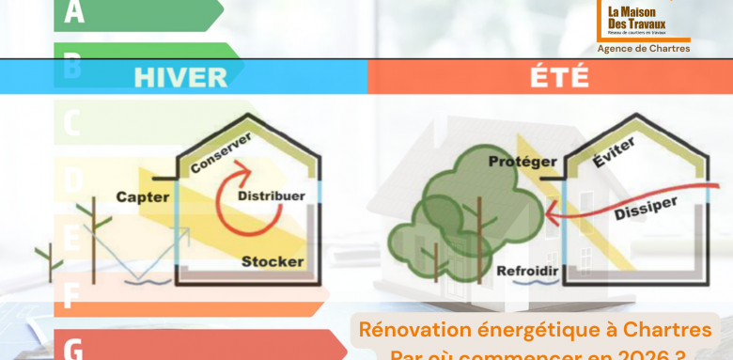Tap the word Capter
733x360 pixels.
click(143, 196)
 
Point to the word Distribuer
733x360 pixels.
click(271, 196)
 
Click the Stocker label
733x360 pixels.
click(273, 260)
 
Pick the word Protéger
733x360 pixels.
click(522, 162)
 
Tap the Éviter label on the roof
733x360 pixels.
click(615, 153)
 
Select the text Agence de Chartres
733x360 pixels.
click(644, 48)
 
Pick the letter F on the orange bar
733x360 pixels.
click(70, 298)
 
